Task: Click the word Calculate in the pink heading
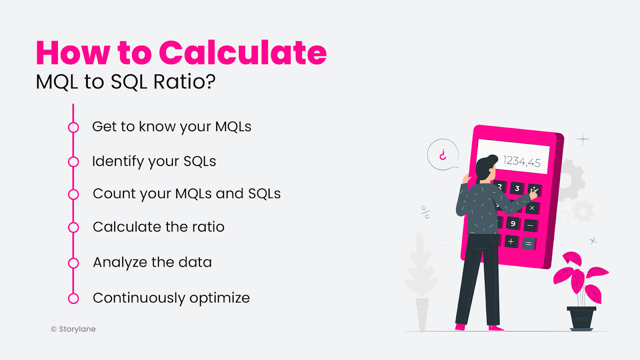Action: click(243, 53)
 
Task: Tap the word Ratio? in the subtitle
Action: click(184, 82)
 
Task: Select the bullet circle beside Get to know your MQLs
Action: click(74, 128)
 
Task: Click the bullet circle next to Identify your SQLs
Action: click(74, 162)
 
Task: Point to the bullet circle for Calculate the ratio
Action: click(74, 228)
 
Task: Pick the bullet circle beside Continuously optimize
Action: click(74, 298)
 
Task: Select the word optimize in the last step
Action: click(220, 298)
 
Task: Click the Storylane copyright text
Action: click(74, 329)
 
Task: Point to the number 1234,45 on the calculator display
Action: click(522, 161)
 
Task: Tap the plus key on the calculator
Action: click(511, 241)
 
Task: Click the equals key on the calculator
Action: click(528, 243)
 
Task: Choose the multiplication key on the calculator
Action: click(532, 208)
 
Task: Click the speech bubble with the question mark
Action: click(443, 155)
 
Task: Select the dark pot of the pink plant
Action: click(581, 318)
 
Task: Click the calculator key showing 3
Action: click(517, 188)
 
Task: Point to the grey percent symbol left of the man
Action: click(426, 212)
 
